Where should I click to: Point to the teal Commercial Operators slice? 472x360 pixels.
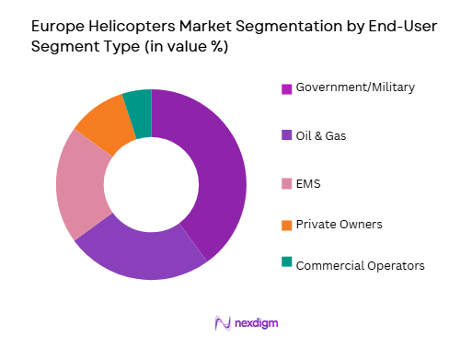pos(138,109)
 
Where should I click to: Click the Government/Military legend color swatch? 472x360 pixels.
pos(286,88)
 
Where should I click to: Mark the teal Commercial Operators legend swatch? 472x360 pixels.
pos(286,265)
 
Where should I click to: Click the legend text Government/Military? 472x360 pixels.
pos(355,88)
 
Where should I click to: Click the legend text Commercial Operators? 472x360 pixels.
pos(361,265)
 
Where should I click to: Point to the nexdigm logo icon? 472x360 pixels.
pos(221,322)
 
